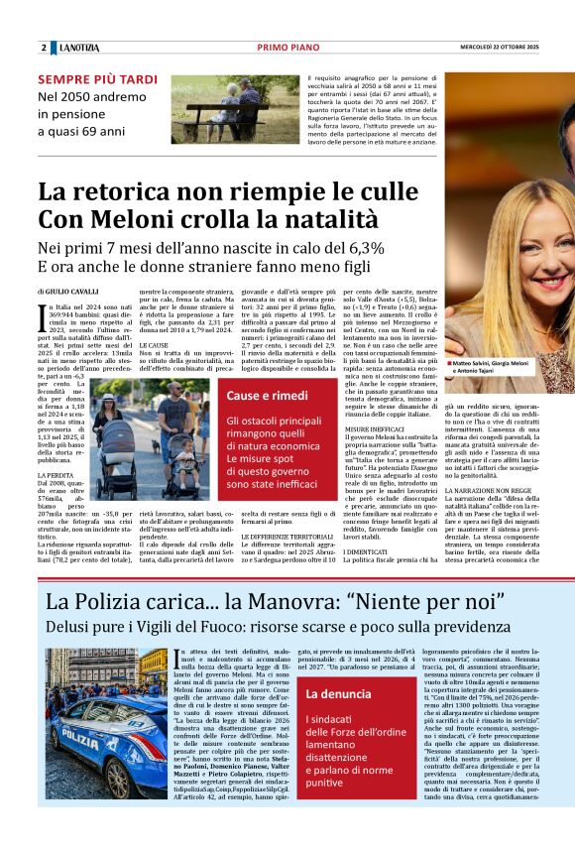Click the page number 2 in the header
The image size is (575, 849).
[x=44, y=48]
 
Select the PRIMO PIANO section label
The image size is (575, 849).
[x=287, y=48]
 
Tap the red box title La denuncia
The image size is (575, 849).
[x=338, y=695]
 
